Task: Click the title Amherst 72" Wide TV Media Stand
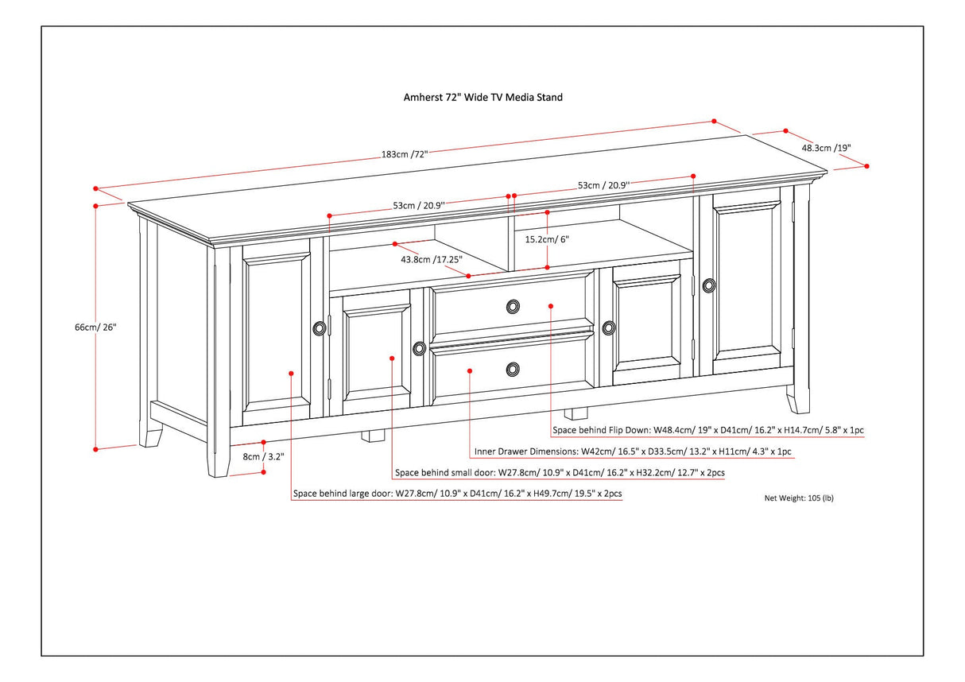coord(482,98)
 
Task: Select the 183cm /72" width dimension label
coord(405,154)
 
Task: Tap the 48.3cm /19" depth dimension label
coord(827,147)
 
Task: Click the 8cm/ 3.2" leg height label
coord(263,457)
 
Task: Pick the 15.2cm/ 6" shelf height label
coord(547,238)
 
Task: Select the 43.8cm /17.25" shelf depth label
coord(431,259)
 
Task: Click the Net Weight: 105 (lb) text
coord(799,498)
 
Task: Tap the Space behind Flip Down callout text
coord(708,430)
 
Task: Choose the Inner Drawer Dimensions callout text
coord(632,451)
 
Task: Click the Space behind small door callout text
coord(560,473)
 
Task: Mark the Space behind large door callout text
coord(457,494)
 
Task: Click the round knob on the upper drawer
coord(513,306)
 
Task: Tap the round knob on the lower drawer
coord(513,368)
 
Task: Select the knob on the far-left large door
coord(320,327)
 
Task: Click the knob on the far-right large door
coord(708,284)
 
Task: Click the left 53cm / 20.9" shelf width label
coord(418,205)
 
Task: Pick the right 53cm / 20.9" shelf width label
coord(628,185)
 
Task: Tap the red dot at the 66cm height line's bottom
coord(96,449)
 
